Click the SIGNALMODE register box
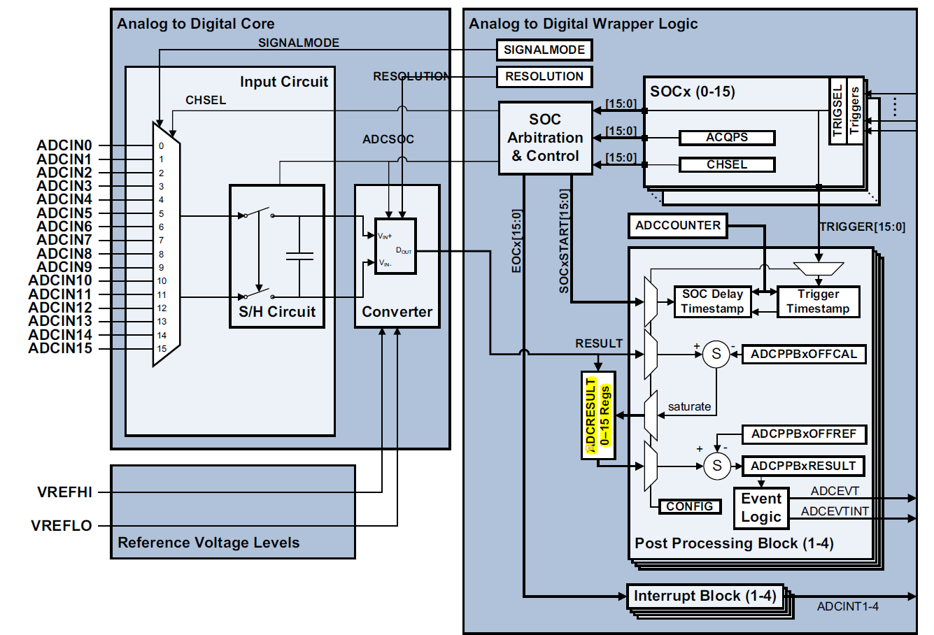(544, 50)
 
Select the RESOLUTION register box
(544, 77)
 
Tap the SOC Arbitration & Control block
(545, 138)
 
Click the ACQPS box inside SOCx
(727, 138)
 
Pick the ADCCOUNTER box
(677, 226)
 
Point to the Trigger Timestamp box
(818, 301)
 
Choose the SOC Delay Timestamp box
(712, 301)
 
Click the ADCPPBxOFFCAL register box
(803, 355)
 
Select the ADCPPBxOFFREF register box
(803, 434)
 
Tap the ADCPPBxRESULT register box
(803, 466)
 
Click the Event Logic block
(761, 508)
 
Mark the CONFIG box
(689, 506)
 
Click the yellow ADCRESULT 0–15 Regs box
(598, 415)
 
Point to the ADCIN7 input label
(64, 241)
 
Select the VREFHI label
(64, 492)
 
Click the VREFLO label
(62, 526)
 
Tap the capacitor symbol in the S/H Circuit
(299, 256)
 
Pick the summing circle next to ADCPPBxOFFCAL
(716, 354)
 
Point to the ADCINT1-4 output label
(847, 607)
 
